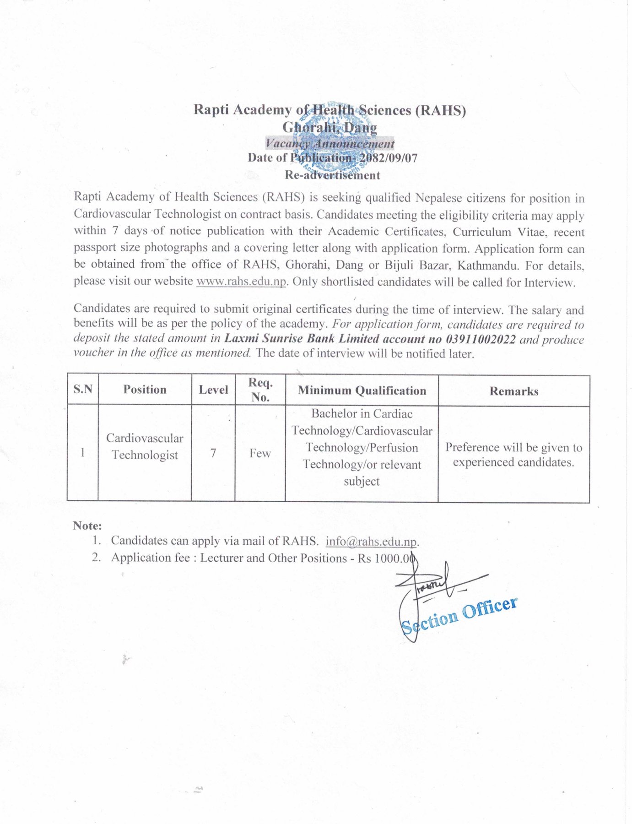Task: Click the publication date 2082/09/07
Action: click(x=388, y=158)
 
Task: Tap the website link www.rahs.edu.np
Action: click(x=241, y=281)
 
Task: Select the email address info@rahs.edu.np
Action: click(x=371, y=542)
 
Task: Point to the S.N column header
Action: click(x=83, y=389)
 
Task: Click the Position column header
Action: click(x=145, y=390)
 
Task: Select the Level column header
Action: click(x=213, y=390)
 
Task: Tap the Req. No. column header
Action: click(x=260, y=390)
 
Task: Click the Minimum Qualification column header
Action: click(x=362, y=390)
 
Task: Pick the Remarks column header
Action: click(x=513, y=391)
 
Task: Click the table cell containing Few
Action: click(x=260, y=453)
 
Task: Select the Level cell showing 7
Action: click(x=213, y=453)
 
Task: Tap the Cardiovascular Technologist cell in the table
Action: click(x=145, y=446)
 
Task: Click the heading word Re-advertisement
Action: click(x=332, y=175)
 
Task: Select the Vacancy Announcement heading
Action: click(x=330, y=143)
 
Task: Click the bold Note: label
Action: click(x=87, y=526)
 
